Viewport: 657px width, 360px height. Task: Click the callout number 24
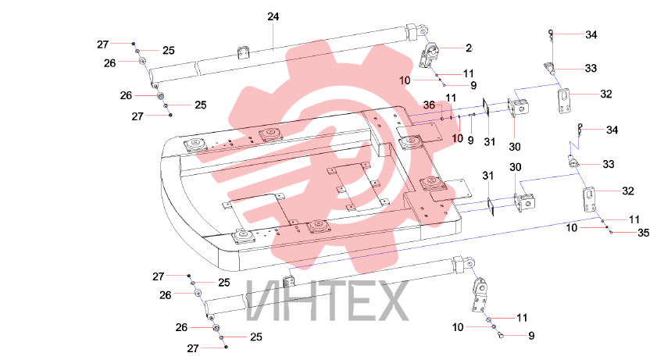(x=273, y=16)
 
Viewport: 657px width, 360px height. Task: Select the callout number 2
(x=469, y=48)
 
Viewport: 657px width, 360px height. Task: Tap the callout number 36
(x=429, y=105)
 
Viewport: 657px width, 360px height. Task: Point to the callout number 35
(x=643, y=233)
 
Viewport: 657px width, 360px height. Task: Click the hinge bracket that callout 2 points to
(x=429, y=55)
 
